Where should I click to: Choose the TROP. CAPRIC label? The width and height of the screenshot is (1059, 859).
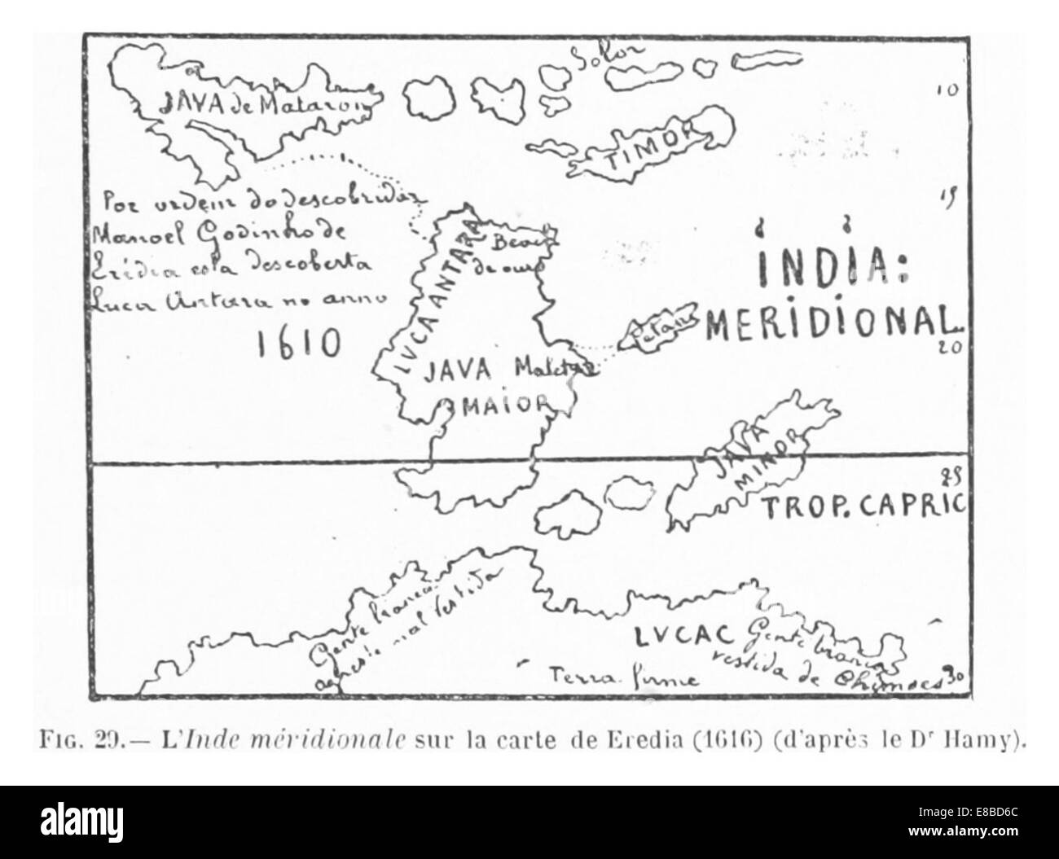click(863, 506)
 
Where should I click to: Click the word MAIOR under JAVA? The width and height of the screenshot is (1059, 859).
click(494, 403)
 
